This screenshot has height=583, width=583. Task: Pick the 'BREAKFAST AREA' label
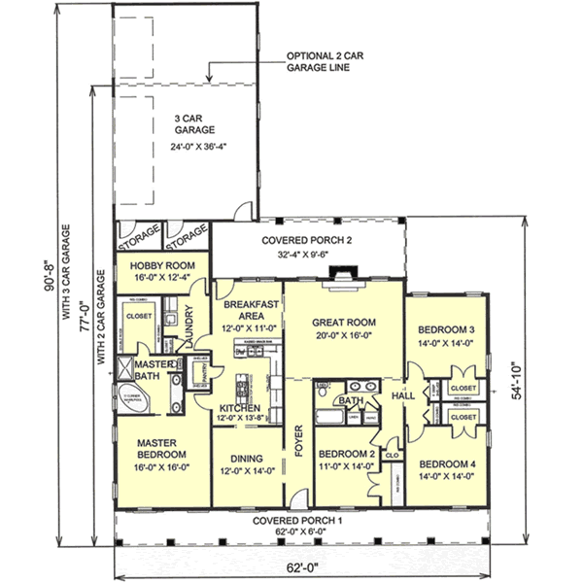click(x=247, y=310)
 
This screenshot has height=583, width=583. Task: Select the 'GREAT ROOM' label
click(x=343, y=322)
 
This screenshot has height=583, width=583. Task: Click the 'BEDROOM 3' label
click(x=446, y=328)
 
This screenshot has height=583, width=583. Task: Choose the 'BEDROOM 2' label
click(x=347, y=454)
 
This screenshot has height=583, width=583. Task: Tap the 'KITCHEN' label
click(x=238, y=408)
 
